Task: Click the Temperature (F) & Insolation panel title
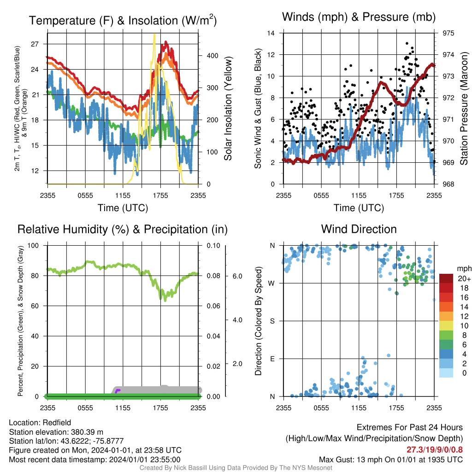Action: pyautogui.click(x=123, y=20)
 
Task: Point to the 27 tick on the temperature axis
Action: pyautogui.click(x=35, y=44)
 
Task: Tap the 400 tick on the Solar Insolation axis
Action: pyautogui.click(x=212, y=56)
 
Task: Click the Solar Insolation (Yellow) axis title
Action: pyautogui.click(x=228, y=108)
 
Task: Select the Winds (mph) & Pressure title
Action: pyautogui.click(x=359, y=17)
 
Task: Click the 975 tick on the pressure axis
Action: pyautogui.click(x=448, y=33)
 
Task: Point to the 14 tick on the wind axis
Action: pyautogui.click(x=271, y=33)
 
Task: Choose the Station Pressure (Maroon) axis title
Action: pyautogui.click(x=464, y=108)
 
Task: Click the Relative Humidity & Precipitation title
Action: pyautogui.click(x=123, y=230)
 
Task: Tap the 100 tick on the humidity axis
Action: pyautogui.click(x=33, y=245)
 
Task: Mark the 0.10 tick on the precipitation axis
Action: pyautogui.click(x=213, y=245)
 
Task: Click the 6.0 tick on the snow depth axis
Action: pyautogui.click(x=237, y=276)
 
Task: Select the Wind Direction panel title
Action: pyautogui.click(x=359, y=229)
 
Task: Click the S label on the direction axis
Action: pyautogui.click(x=272, y=321)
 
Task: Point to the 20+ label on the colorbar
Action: pyautogui.click(x=464, y=278)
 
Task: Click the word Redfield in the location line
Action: pyautogui.click(x=57, y=423)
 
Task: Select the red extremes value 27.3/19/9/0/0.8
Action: pyautogui.click(x=435, y=450)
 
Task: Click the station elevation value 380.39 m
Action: pyautogui.click(x=87, y=432)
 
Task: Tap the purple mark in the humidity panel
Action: pyautogui.click(x=117, y=391)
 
